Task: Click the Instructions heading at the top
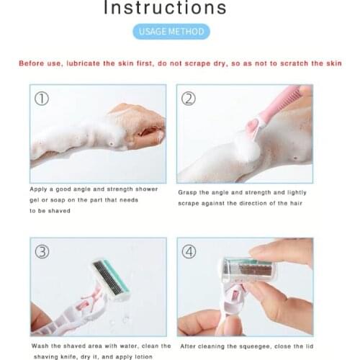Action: point(165,9)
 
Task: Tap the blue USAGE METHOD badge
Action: point(171,31)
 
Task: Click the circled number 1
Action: point(42,99)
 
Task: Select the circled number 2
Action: point(188,99)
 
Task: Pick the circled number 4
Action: point(189,252)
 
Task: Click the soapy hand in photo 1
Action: point(137,126)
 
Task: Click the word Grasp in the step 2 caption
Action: point(188,192)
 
